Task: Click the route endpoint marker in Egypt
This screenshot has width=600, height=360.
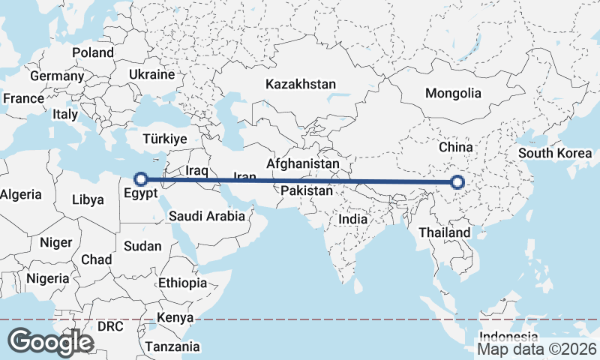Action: click(139, 179)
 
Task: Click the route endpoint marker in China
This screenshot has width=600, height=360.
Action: click(457, 181)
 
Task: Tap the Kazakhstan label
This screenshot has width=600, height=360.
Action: click(300, 84)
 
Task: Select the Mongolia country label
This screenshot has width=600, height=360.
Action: click(453, 94)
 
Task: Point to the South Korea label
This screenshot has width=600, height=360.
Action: click(556, 154)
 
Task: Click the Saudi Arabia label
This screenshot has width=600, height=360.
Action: click(207, 216)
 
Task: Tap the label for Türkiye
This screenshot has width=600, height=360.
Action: click(164, 139)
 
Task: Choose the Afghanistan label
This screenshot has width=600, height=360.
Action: click(303, 163)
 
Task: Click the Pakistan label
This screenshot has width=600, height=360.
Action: click(307, 191)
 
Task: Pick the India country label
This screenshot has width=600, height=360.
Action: click(353, 219)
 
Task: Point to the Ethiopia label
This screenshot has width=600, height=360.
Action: click(182, 283)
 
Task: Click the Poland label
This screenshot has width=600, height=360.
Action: click(93, 52)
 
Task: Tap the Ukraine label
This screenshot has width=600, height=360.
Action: click(151, 75)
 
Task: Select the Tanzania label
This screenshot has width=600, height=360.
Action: click(173, 346)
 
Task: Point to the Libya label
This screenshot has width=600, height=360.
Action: click(88, 199)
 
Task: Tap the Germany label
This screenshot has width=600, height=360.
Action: click(57, 76)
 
